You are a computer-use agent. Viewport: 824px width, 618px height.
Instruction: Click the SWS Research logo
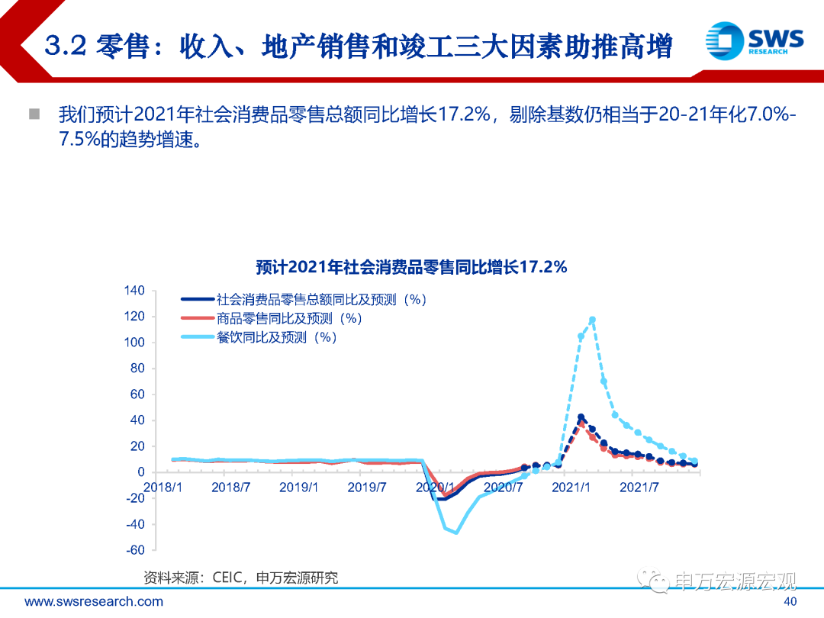click(754, 39)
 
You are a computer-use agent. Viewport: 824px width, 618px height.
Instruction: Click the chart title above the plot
click(411, 267)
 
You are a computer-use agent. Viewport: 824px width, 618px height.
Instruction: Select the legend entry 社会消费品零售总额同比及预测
click(320, 300)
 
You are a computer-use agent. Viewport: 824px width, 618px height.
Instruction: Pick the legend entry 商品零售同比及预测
click(288, 318)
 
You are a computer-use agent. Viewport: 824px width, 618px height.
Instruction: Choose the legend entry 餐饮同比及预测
click(276, 336)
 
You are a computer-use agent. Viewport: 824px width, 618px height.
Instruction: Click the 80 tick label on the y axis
click(137, 369)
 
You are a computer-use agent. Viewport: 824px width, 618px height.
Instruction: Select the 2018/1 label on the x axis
click(163, 487)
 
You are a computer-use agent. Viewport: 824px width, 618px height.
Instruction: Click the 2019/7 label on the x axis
click(367, 487)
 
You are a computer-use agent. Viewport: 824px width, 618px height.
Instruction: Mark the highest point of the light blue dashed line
click(592, 320)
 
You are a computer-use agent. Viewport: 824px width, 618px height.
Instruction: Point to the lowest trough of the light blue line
click(456, 532)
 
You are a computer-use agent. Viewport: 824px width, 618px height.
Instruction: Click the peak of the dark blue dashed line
click(581, 417)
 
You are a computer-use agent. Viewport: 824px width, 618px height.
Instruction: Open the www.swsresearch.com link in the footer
click(94, 601)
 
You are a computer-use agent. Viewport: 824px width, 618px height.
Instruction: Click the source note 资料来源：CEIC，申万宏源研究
click(240, 578)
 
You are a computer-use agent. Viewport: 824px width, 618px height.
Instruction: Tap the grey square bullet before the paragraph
click(34, 114)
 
